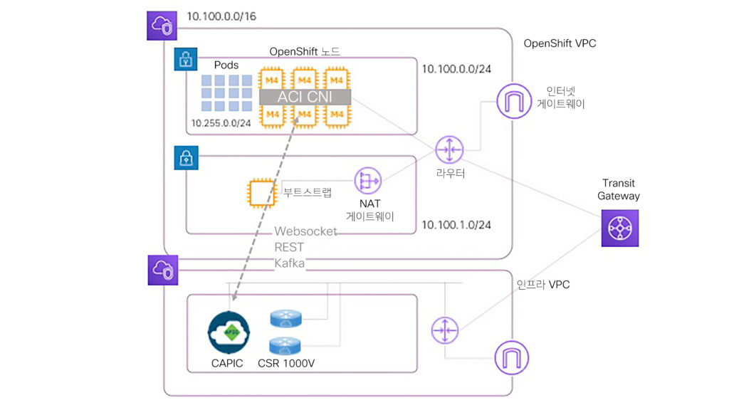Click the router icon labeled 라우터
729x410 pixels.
point(449,149)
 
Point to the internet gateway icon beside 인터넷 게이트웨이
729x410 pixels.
point(513,102)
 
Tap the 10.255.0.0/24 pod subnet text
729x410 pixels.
point(221,123)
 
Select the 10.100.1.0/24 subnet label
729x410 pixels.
point(456,225)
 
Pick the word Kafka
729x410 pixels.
point(290,263)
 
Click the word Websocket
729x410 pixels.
point(305,232)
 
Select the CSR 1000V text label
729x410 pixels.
point(288,364)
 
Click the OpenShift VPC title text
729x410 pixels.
point(560,43)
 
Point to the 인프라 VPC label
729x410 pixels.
point(542,285)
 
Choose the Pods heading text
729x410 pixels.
point(226,65)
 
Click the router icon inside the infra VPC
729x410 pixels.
point(446,330)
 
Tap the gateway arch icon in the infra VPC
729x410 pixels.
point(510,356)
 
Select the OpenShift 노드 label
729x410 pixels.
point(305,51)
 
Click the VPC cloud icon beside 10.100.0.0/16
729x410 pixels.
point(161,26)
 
